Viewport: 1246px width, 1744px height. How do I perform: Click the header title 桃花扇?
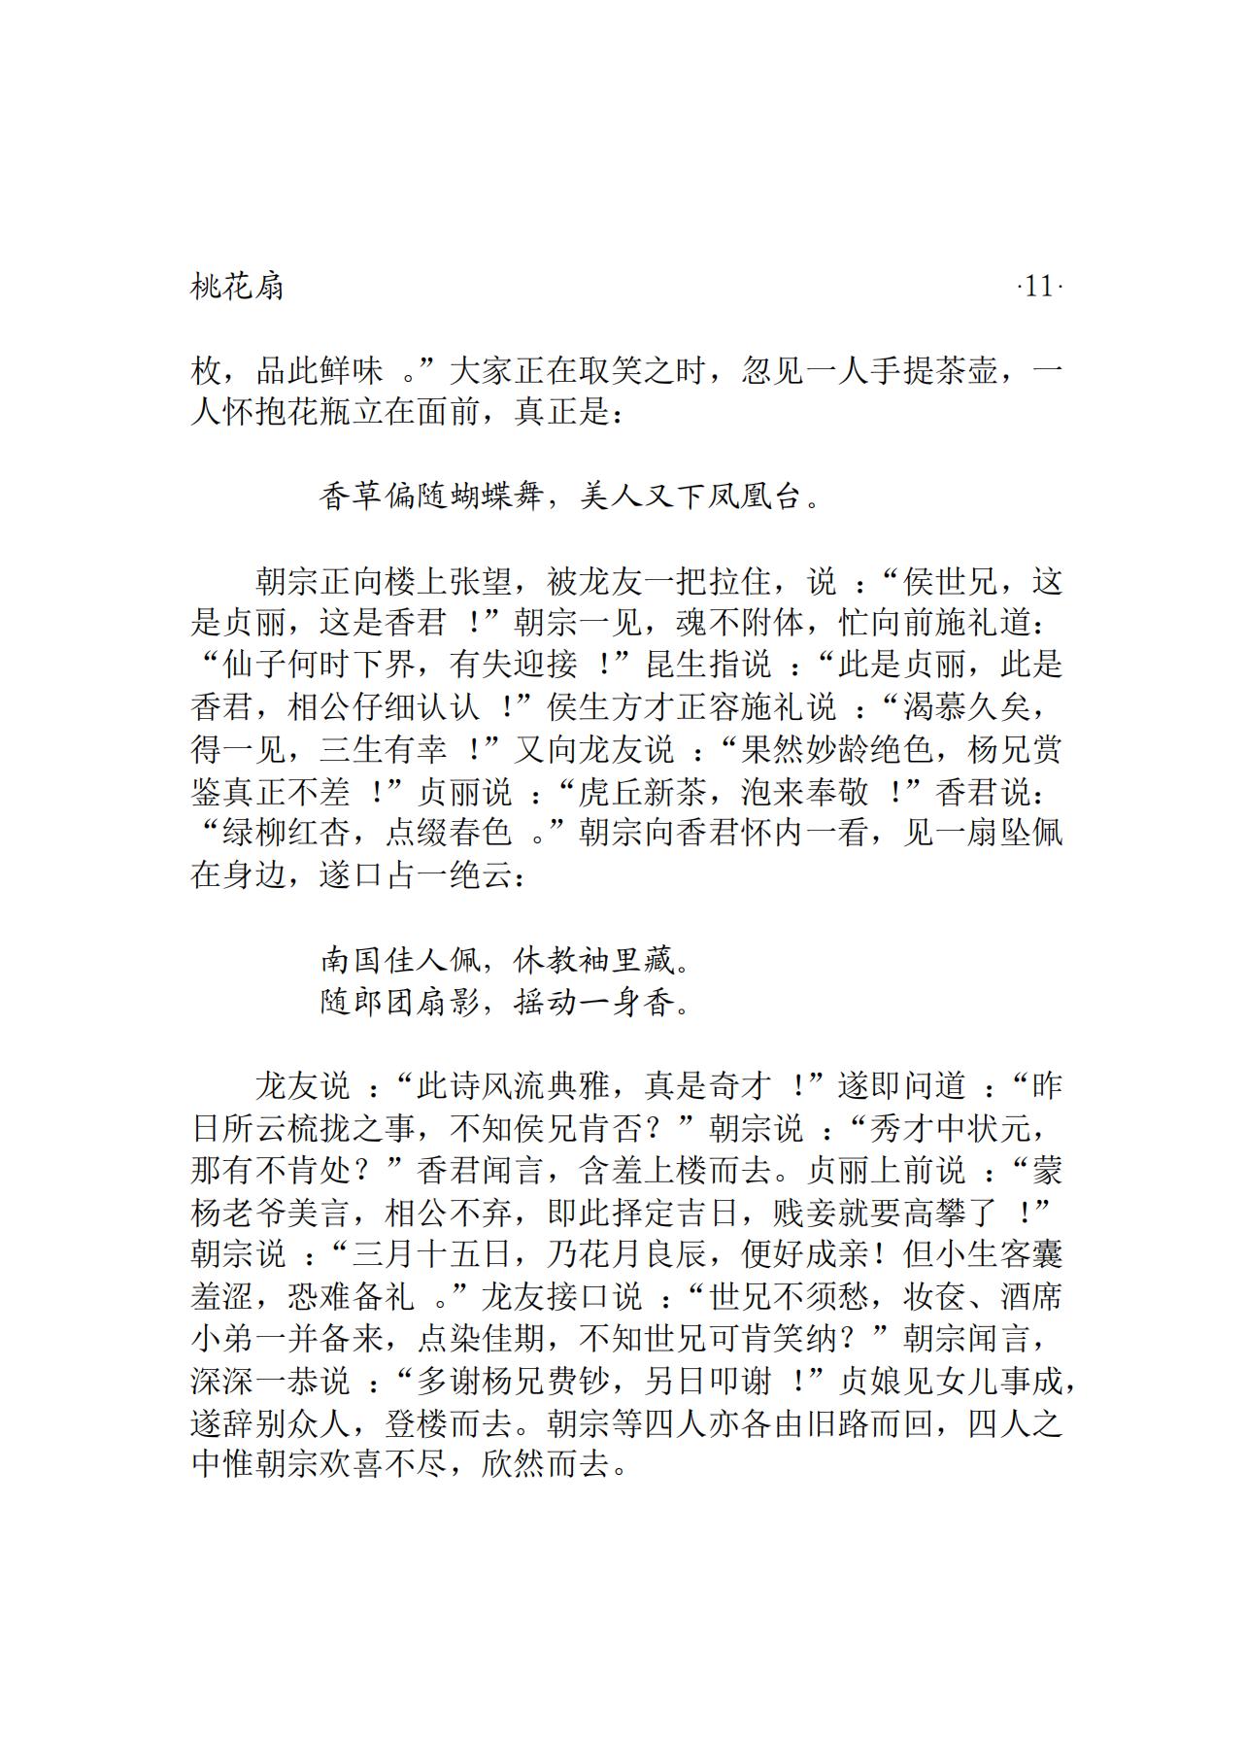(238, 288)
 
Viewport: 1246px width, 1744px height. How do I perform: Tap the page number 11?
(1038, 288)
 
